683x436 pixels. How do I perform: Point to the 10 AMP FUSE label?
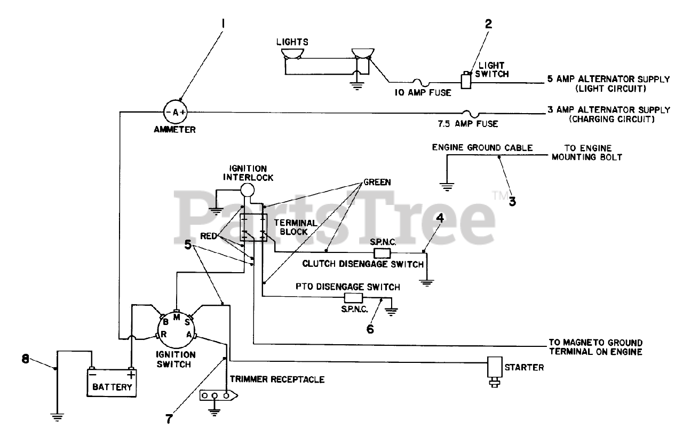423,92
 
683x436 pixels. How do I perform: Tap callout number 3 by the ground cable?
512,201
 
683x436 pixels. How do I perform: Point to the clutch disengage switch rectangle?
382,252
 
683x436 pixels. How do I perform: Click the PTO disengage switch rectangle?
353,298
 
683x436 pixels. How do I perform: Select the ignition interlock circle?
247,189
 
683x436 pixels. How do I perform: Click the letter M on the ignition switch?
176,316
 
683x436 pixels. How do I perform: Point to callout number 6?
370,328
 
